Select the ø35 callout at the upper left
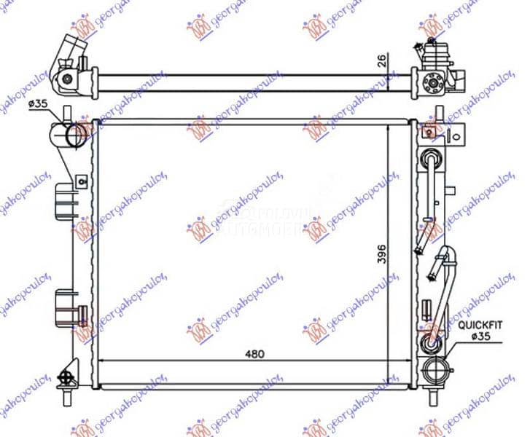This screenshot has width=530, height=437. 38,104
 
